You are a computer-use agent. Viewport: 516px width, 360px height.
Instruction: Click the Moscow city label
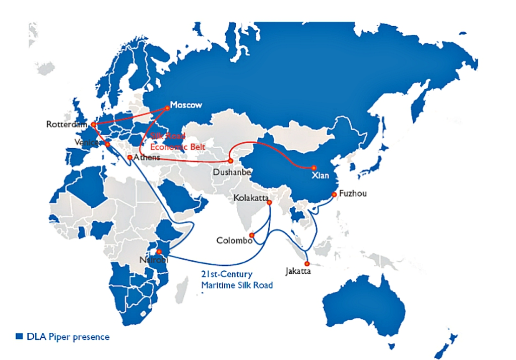click(186, 105)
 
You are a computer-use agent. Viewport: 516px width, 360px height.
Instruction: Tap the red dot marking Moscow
click(167, 107)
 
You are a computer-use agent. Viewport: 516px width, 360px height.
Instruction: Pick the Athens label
click(147, 157)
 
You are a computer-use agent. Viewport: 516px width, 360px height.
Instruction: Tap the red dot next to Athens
click(130, 158)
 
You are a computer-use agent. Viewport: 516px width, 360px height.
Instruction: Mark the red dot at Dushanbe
click(230, 161)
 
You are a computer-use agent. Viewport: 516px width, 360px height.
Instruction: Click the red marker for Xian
click(313, 168)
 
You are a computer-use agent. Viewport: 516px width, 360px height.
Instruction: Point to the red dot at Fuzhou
click(334, 194)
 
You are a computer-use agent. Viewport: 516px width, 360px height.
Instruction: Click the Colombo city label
click(234, 241)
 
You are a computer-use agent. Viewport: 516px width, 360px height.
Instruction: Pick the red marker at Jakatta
click(307, 264)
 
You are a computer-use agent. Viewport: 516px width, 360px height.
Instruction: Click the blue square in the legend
click(20, 336)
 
